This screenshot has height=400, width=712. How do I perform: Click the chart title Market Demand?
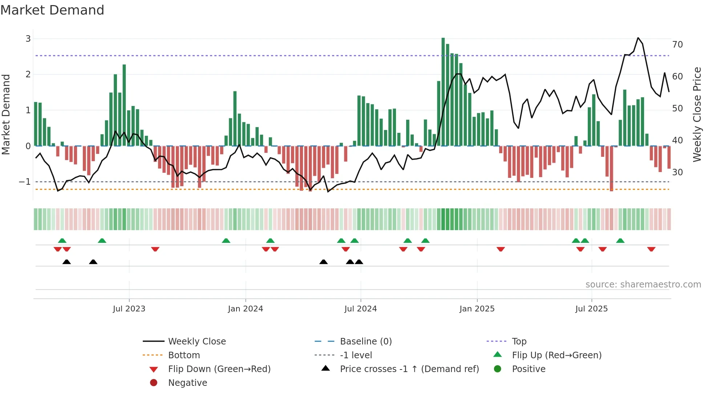point(52,10)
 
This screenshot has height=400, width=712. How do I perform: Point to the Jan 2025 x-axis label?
point(477,309)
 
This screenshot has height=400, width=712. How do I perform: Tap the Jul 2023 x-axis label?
point(129,309)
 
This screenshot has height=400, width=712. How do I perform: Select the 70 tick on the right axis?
point(677,45)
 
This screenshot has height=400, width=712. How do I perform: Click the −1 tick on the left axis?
point(25,182)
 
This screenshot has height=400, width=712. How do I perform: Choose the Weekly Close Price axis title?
point(697,114)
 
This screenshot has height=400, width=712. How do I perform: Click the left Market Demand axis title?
point(6,114)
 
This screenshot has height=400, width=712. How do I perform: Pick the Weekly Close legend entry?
point(197,342)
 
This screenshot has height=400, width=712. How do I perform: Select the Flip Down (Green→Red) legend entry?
point(219,369)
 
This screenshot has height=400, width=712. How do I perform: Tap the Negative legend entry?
point(187,383)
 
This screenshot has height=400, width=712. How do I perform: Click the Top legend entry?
point(519,342)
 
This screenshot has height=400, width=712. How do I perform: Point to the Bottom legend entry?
point(184,355)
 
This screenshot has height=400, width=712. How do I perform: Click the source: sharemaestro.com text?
point(643,285)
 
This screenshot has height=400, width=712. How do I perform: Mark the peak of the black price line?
point(638,38)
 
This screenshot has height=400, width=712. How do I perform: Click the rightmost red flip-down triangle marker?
point(651,249)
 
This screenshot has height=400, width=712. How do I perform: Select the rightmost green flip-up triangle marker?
point(620,241)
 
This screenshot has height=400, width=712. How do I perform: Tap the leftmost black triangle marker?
point(66,262)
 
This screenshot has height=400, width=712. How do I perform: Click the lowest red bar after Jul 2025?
point(612,169)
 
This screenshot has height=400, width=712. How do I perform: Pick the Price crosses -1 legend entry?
point(409,369)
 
